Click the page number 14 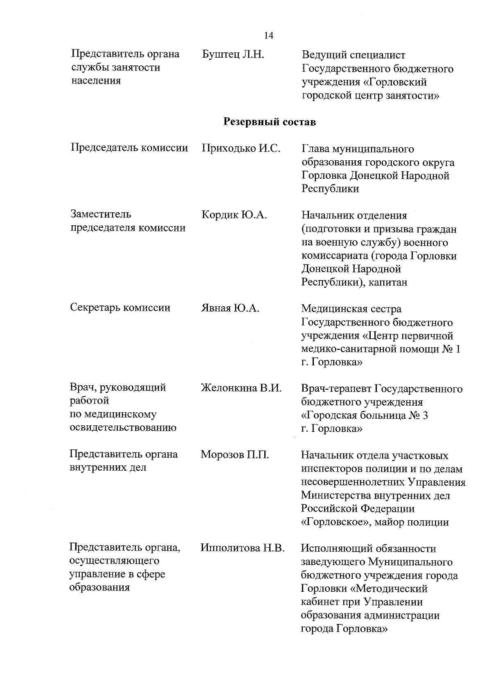click(x=269, y=36)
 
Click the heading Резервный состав click(x=270, y=122)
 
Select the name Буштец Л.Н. click(x=233, y=54)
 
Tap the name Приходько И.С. click(x=241, y=148)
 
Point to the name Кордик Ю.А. click(x=234, y=215)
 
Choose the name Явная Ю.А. click(x=230, y=308)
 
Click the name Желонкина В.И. click(x=241, y=388)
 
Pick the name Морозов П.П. click(x=235, y=455)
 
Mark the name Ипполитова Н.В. click(x=243, y=548)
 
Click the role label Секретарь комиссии click(x=120, y=308)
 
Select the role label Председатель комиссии click(x=129, y=148)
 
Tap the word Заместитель click(x=101, y=214)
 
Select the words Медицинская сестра click(x=351, y=309)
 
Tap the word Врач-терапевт click(x=336, y=389)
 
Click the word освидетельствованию click(x=123, y=428)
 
